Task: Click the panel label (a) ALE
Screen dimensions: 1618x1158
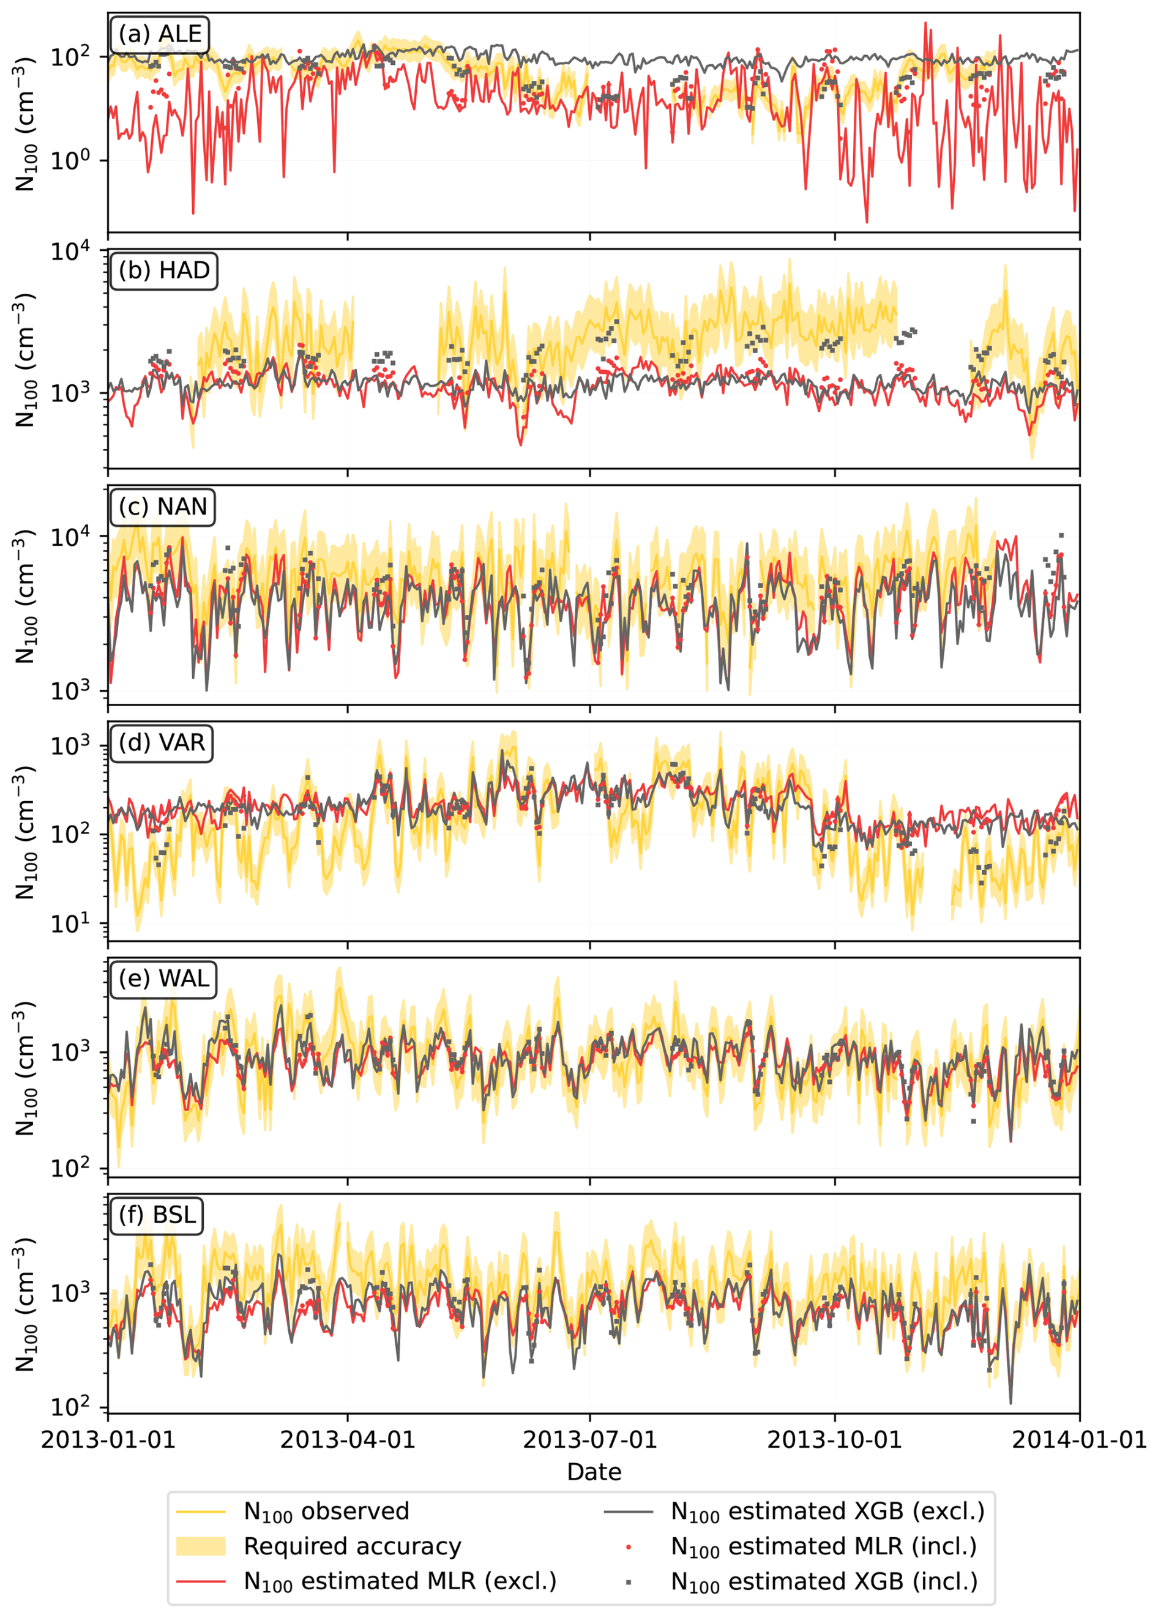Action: [x=160, y=34]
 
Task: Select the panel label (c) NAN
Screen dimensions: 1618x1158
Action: [x=163, y=507]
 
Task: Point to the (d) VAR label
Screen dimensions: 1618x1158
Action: [x=162, y=743]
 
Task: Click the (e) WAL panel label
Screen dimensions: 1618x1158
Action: [x=163, y=979]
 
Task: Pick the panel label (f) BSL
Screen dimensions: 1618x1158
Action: [x=157, y=1215]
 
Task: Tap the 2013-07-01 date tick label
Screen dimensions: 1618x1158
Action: [x=589, y=1439]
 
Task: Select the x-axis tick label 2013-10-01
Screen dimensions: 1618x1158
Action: [x=834, y=1439]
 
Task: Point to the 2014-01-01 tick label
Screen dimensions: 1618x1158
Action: [x=1079, y=1439]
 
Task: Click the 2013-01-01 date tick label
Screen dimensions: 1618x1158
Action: [x=108, y=1439]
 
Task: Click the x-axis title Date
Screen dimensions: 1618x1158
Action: [x=594, y=1472]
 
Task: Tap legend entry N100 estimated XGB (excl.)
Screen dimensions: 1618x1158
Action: [x=827, y=1512]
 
